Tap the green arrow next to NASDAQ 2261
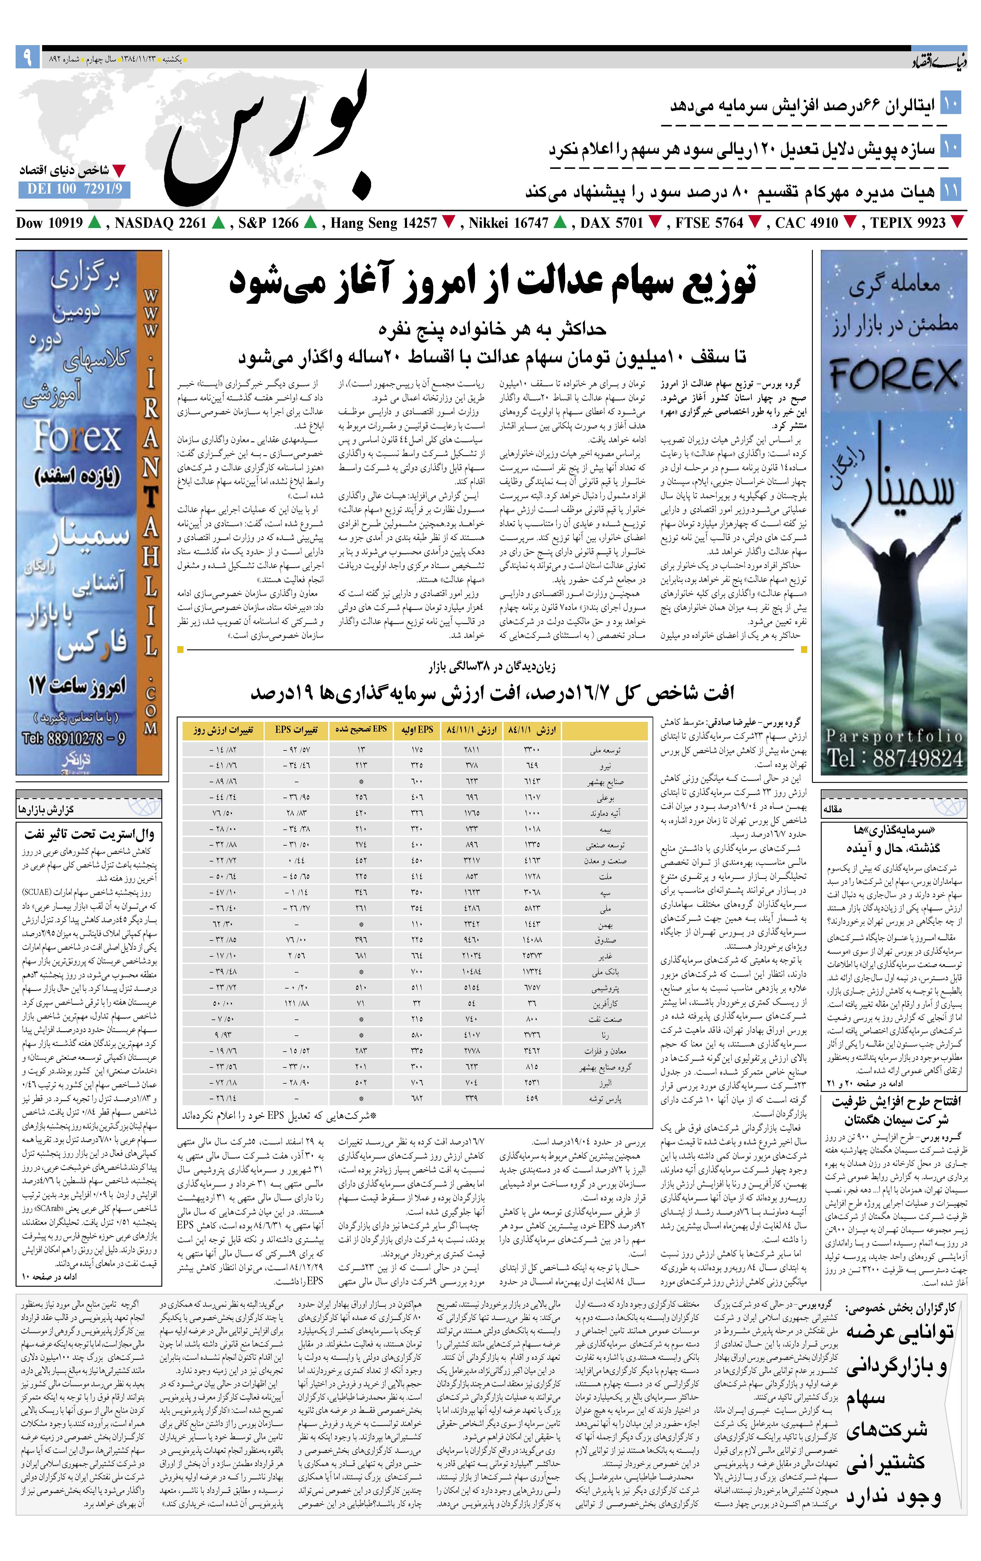218,223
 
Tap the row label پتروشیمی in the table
606,988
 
